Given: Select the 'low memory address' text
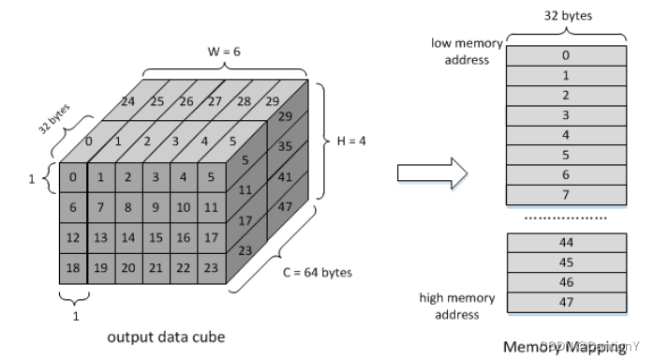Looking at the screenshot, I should coord(466,52).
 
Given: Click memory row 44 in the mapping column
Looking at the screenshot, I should coord(565,242).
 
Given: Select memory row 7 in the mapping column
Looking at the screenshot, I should coord(565,194).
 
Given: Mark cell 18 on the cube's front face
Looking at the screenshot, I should coord(73,267).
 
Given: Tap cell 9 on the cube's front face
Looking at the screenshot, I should coord(157,205).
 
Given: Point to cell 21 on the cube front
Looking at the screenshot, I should coord(157,267).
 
